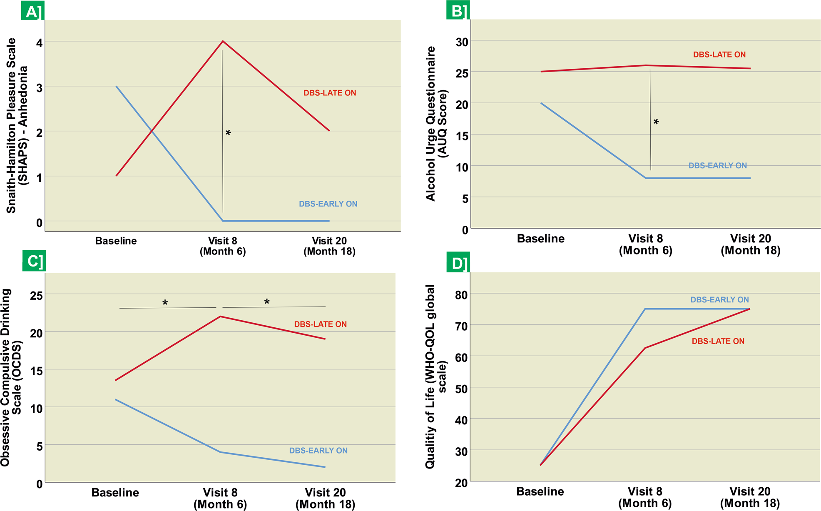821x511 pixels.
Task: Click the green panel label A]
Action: click(x=33, y=11)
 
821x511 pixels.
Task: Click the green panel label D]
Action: click(x=458, y=263)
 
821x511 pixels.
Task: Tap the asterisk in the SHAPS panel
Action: click(x=228, y=133)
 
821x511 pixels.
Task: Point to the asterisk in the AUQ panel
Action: click(x=656, y=122)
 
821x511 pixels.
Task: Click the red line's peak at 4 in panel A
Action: click(x=223, y=41)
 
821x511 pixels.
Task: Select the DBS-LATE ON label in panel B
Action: click(x=719, y=55)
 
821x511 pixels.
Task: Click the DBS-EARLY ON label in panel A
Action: click(x=328, y=204)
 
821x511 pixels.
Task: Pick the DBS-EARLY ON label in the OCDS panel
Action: click(x=318, y=451)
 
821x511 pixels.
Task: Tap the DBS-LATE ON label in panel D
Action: click(x=718, y=341)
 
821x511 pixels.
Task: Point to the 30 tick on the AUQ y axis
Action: click(x=462, y=42)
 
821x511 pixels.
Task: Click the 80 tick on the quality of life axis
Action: click(x=461, y=295)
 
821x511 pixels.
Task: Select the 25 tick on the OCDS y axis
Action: click(x=36, y=296)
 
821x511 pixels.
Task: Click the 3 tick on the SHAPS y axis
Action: click(x=39, y=87)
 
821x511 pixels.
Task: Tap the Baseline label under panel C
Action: click(x=115, y=493)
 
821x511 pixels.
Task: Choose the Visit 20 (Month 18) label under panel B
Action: click(x=750, y=244)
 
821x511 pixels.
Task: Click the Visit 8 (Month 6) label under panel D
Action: click(x=645, y=497)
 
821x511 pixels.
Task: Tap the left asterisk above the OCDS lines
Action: click(x=165, y=303)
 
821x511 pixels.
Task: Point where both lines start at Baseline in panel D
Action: click(x=540, y=465)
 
